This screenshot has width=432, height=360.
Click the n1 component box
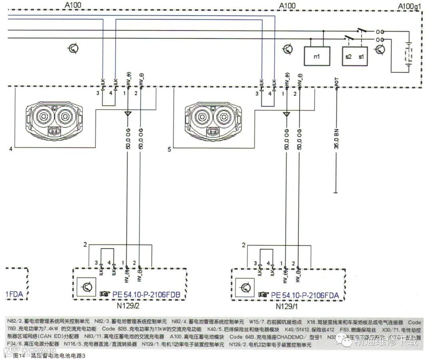pyautogui.click(x=316, y=56)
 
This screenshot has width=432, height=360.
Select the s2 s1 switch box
pyautogui.click(x=355, y=56)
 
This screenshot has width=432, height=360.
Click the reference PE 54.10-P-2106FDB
pyautogui.click(x=144, y=295)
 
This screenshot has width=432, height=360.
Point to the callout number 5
pyautogui.click(x=170, y=149)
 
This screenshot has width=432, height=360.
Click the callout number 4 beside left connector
pyautogui.click(x=11, y=149)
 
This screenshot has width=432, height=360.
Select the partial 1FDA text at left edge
pyautogui.click(x=14, y=295)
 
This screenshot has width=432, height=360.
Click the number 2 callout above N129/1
pyautogui.click(x=244, y=245)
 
